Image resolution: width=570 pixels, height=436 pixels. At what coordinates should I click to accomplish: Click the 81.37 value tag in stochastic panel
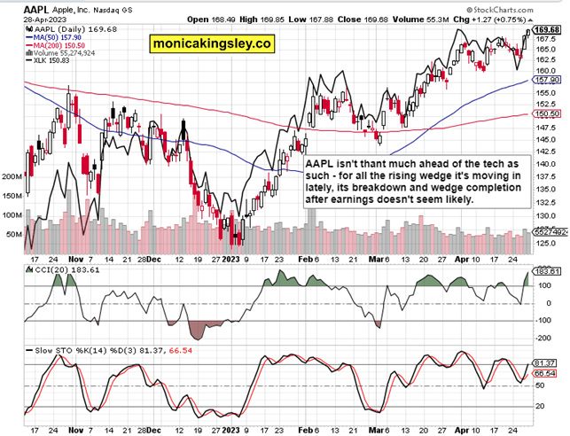click(x=548, y=364)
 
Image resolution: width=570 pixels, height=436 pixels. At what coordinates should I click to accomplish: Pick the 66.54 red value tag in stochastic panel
click(x=548, y=376)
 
